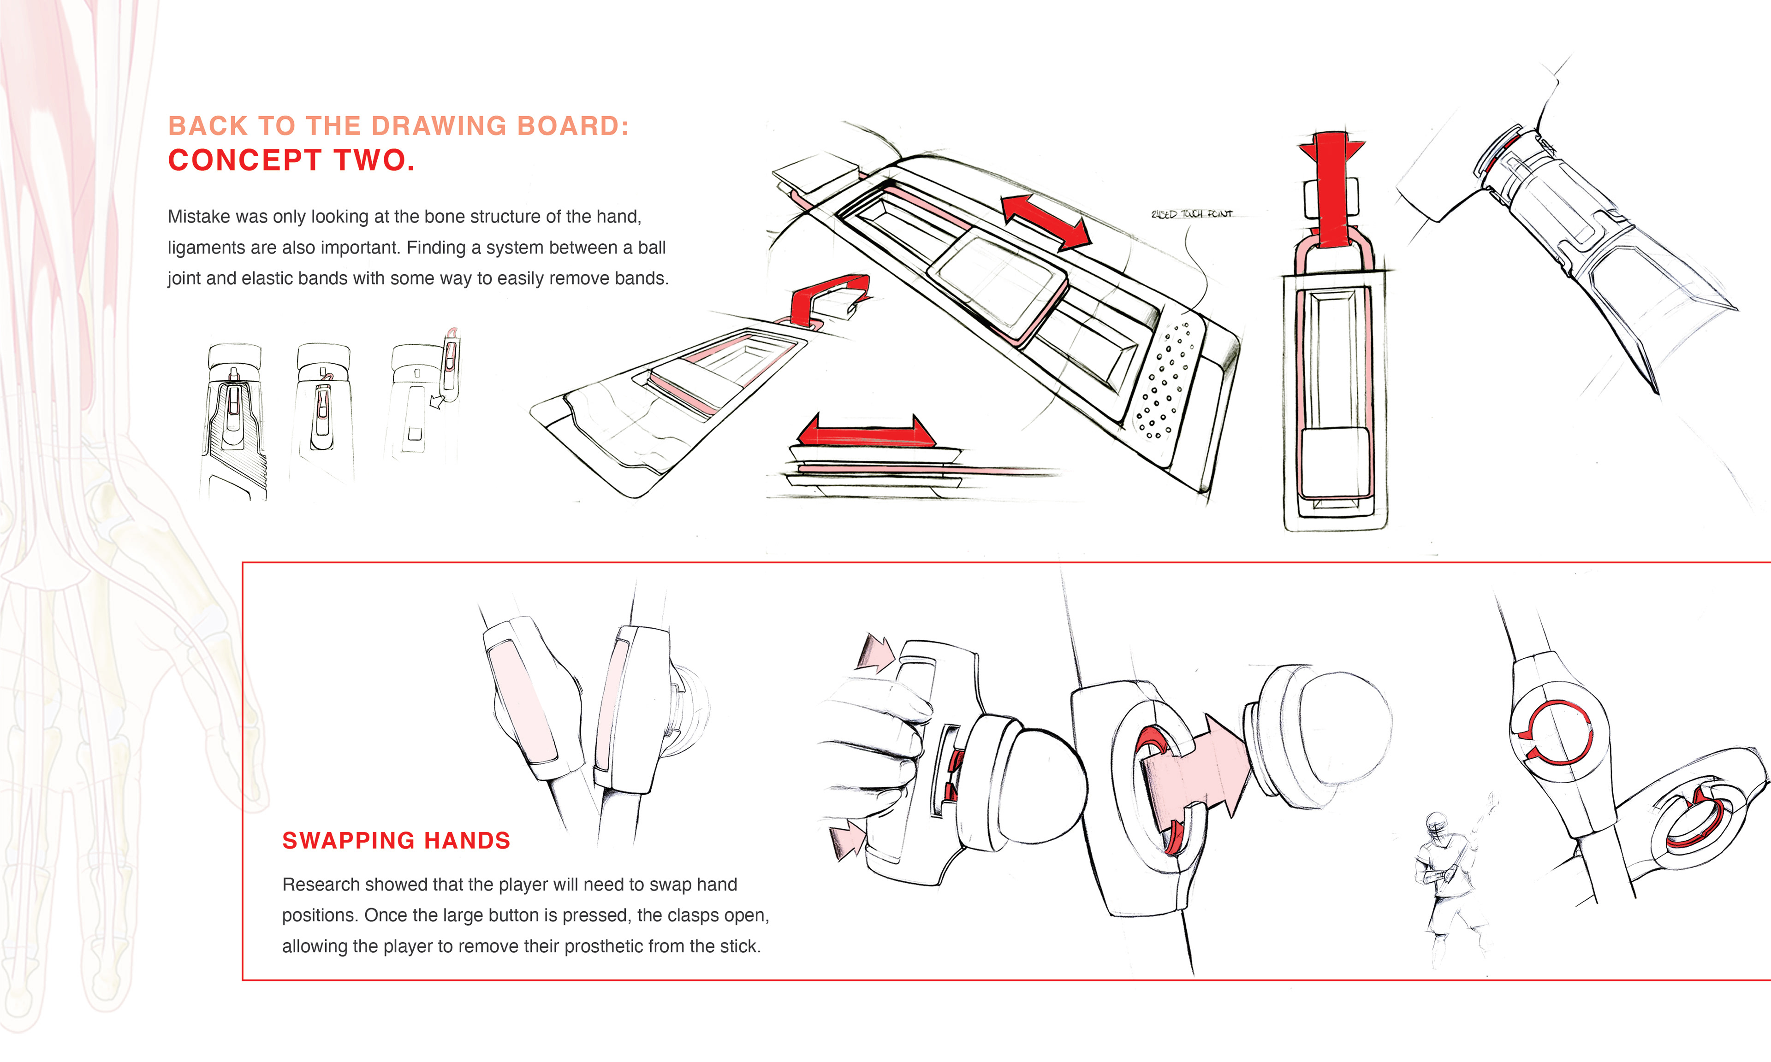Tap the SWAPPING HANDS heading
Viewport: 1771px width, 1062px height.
pyautogui.click(x=396, y=840)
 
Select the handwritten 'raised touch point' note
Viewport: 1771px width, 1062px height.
pyautogui.click(x=1192, y=214)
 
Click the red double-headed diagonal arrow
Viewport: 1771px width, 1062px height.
pyautogui.click(x=1045, y=221)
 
